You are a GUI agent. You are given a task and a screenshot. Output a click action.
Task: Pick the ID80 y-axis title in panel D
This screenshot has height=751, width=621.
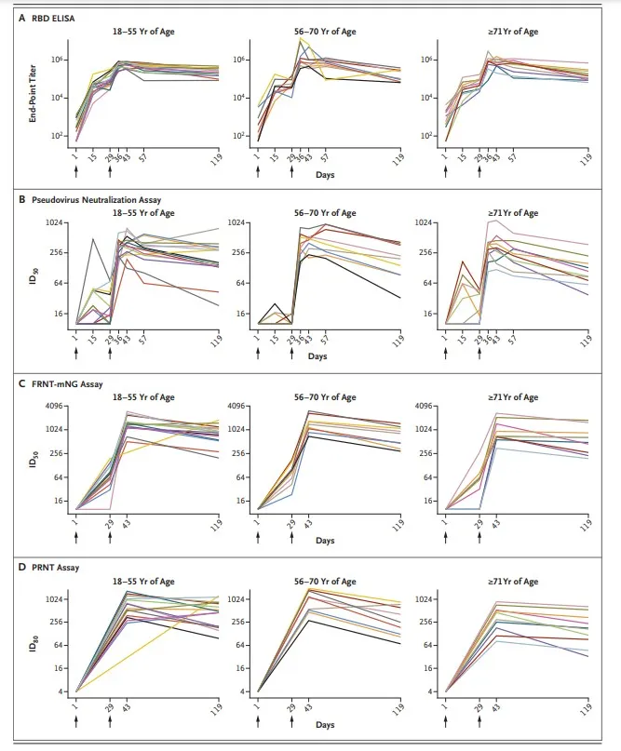click(x=31, y=645)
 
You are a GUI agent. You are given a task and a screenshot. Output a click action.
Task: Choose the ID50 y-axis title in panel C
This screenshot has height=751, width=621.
click(x=31, y=459)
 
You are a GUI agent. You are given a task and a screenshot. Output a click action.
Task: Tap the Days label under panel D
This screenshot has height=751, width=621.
click(x=325, y=724)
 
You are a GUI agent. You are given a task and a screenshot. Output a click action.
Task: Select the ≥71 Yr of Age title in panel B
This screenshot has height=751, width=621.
click(x=513, y=214)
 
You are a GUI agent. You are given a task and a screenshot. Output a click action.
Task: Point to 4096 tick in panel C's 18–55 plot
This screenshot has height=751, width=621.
click(x=54, y=406)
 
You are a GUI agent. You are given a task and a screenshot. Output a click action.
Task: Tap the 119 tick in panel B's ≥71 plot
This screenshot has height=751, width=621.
click(x=587, y=340)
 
